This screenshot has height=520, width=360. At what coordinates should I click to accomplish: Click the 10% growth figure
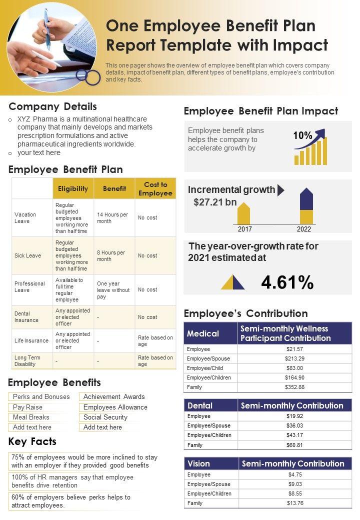pos(302,135)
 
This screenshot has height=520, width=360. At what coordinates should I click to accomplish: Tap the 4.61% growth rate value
pos(287,283)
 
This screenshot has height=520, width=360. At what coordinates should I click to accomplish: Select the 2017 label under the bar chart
pos(244,229)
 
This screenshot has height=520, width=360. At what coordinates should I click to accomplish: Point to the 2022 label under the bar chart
pos(303,229)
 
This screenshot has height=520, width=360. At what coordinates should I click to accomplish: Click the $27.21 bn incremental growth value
pos(215,202)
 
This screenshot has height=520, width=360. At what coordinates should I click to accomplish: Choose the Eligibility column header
pos(73,188)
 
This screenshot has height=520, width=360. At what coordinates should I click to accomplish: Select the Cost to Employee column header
pos(155,188)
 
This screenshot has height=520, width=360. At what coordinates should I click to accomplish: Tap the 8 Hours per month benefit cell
pos(111,255)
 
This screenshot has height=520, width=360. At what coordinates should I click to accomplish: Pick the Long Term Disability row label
pos(27,360)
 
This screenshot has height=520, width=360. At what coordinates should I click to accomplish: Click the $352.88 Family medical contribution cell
pos(294,387)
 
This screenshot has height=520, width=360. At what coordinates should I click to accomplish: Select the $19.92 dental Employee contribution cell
pos(294,416)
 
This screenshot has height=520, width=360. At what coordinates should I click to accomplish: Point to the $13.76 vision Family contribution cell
pos(295,503)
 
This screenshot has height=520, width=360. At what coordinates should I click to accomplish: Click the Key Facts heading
pos(32,441)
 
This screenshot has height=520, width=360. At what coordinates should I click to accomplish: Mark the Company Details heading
pos(53,106)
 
